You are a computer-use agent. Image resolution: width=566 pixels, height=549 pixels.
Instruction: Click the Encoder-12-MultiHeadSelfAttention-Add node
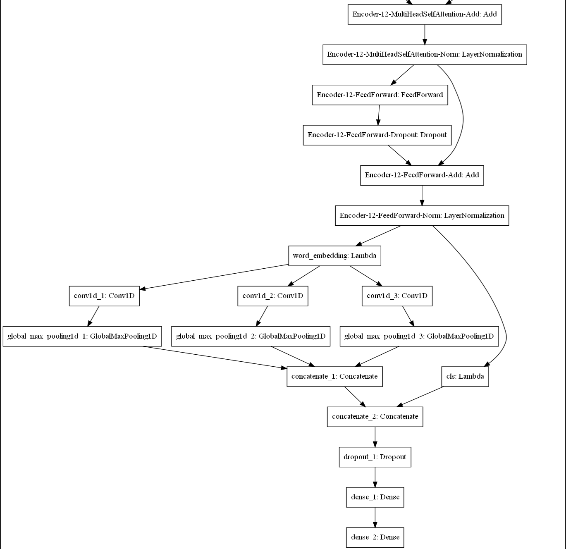[425, 14]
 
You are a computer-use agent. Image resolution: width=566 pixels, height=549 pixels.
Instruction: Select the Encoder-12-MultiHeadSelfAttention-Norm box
[425, 55]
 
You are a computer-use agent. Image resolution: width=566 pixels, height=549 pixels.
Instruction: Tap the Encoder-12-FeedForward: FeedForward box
[380, 95]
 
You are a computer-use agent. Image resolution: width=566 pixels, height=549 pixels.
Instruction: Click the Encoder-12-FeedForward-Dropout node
[377, 135]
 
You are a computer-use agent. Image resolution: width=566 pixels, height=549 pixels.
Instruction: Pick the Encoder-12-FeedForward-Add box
[422, 175]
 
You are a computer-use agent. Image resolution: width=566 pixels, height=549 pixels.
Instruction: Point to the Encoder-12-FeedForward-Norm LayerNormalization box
[422, 215]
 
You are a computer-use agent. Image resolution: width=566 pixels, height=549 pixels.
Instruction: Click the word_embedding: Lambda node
[334, 256]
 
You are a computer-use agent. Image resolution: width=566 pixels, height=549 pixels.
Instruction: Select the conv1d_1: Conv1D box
[104, 296]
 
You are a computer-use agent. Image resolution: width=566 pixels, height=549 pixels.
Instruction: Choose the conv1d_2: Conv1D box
[272, 296]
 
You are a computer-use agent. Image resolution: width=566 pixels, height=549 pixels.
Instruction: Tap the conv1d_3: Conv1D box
[397, 296]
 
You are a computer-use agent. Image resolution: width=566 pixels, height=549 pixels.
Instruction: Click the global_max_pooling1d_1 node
[82, 336]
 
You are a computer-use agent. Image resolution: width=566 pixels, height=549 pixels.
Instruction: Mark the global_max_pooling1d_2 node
[251, 336]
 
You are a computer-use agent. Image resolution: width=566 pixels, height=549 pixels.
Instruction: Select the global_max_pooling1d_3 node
[419, 336]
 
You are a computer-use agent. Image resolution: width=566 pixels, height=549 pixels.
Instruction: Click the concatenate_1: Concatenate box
[334, 377]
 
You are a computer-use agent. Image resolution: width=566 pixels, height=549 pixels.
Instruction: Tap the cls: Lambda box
[465, 377]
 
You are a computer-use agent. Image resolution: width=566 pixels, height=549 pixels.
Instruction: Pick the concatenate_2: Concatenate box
[375, 417]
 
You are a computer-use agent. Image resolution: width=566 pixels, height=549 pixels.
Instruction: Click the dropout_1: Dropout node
[375, 457]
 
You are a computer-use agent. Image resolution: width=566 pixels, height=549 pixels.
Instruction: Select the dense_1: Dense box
[375, 497]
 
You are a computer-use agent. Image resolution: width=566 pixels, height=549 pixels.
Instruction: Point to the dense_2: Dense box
[375, 537]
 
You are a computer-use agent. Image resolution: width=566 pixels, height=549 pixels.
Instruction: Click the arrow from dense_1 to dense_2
[375, 517]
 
